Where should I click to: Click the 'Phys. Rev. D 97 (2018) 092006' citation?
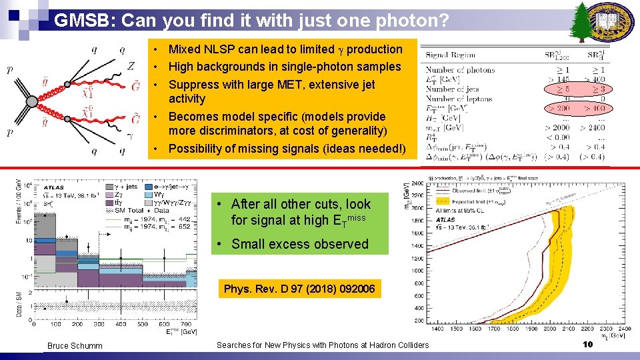tap(299, 289)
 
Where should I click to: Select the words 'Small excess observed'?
tap(300, 244)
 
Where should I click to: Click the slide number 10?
tap(587, 345)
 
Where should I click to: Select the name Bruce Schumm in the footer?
tap(75, 345)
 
